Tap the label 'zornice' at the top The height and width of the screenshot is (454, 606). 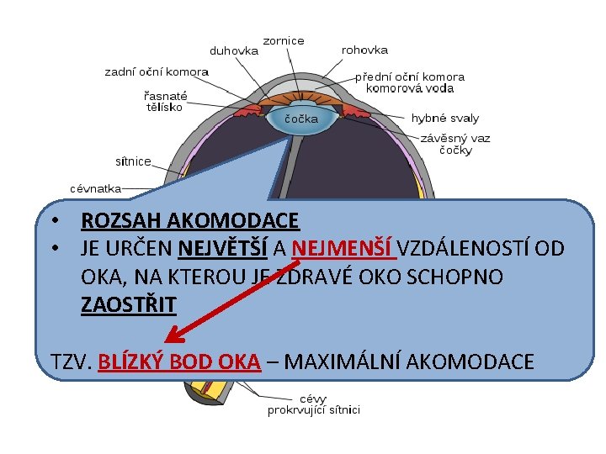[x=284, y=40]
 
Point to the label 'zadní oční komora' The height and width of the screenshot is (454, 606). [x=156, y=71]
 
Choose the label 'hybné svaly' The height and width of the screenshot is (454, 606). [x=445, y=119]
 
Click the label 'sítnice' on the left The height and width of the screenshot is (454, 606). [x=133, y=161]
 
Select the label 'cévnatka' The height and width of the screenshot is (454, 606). [x=95, y=188]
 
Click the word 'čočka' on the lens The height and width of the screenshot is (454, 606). [x=301, y=119]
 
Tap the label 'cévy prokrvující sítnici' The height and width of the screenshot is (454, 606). [x=314, y=404]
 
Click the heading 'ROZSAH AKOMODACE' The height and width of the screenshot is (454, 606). [x=189, y=221]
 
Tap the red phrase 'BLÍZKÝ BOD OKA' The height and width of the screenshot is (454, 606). [x=178, y=362]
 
